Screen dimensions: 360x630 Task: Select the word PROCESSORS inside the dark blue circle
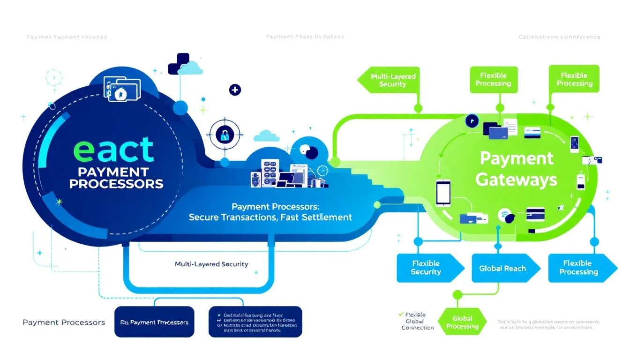(116, 183)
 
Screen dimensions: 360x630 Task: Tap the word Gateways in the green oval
(516, 180)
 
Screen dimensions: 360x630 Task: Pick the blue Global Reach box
(502, 269)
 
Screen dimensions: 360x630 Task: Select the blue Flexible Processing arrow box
(578, 268)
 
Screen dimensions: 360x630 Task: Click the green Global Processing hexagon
(462, 322)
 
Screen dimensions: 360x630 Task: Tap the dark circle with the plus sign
(234, 90)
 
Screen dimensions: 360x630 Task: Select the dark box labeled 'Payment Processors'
(154, 322)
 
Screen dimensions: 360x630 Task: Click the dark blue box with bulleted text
(255, 322)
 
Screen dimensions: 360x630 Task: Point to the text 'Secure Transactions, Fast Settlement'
(270, 217)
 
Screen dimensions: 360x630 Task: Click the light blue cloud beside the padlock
(266, 136)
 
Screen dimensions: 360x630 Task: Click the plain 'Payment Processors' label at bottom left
(64, 322)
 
